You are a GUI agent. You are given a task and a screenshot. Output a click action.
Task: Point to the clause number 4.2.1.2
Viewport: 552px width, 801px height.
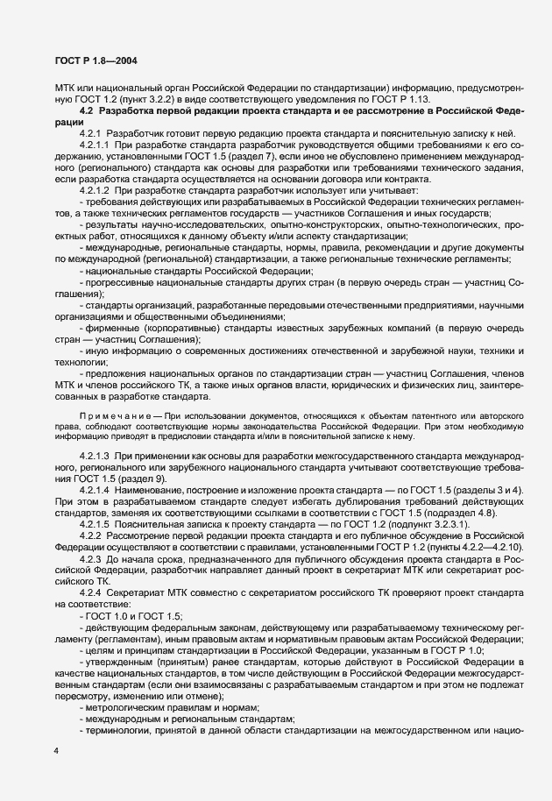point(95,190)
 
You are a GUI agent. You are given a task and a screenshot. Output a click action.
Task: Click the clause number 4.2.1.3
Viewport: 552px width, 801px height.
point(95,457)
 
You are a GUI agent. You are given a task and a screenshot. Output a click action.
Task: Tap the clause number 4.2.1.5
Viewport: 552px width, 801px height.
point(95,524)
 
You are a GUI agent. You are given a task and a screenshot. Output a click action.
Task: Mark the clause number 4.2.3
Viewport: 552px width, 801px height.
point(90,560)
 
